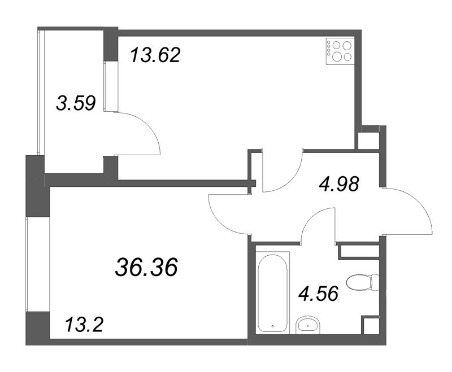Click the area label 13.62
(155, 55)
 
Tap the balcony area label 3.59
(76, 103)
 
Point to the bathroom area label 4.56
(318, 294)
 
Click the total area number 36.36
(146, 267)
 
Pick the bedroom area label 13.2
(84, 325)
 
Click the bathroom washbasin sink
(308, 326)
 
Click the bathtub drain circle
(273, 326)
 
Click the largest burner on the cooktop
(337, 57)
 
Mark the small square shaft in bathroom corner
(371, 325)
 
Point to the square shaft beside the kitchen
(368, 141)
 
